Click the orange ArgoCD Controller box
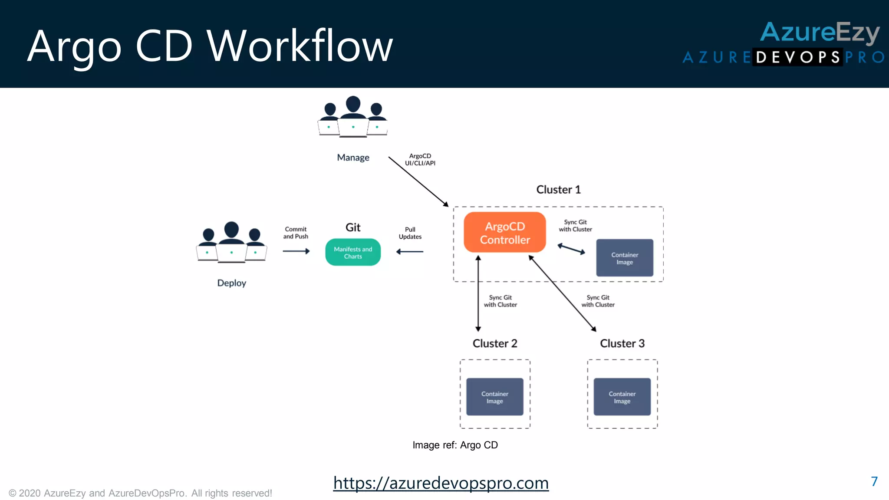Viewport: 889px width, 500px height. [x=504, y=233]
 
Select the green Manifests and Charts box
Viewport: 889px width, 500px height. [x=353, y=253]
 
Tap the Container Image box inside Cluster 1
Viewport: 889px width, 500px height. [x=624, y=258]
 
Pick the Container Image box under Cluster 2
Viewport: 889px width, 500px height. [x=494, y=397]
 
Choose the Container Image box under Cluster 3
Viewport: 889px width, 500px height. [x=622, y=397]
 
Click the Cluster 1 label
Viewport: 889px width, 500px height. [x=558, y=190]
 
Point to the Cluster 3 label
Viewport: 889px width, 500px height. [x=622, y=343]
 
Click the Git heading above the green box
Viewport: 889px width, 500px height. [x=353, y=227]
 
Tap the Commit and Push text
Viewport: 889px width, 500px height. [x=296, y=233]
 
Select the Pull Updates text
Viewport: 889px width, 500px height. [x=410, y=233]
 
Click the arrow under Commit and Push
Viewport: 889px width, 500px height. [x=296, y=251]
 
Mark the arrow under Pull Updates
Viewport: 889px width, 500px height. [x=410, y=252]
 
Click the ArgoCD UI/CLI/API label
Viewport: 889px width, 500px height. [x=420, y=159]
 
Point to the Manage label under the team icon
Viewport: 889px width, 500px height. [x=353, y=158]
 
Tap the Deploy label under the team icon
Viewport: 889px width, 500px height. [x=231, y=283]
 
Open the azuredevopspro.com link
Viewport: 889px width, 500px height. [x=441, y=483]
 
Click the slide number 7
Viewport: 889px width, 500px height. [x=874, y=481]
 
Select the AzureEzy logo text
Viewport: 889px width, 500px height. [x=820, y=33]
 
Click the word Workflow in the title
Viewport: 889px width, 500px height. [x=300, y=46]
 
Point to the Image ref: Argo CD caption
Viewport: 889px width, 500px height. [x=455, y=445]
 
